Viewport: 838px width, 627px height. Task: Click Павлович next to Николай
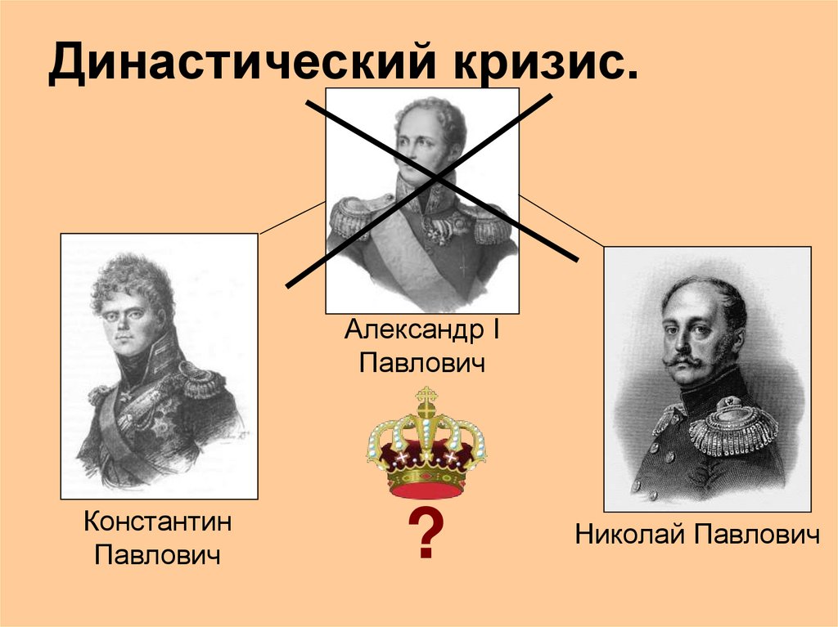click(x=757, y=535)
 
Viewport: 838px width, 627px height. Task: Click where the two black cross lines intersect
click(x=434, y=178)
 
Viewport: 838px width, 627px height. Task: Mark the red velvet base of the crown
click(x=426, y=489)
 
